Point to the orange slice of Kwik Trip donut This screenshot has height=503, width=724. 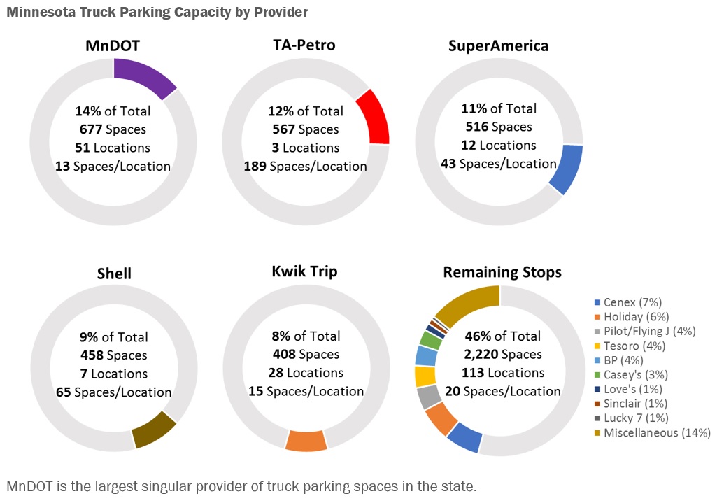pos(306,441)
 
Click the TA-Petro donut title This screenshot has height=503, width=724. pos(304,45)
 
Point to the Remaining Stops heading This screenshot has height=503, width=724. pos(502,272)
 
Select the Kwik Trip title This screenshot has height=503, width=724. pos(304,271)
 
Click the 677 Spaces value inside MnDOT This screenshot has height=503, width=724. pos(113,129)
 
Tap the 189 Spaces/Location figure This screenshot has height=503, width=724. pos(305,167)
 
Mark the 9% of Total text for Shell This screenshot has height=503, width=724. pos(113,337)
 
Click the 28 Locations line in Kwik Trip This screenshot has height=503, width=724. pos(306,373)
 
